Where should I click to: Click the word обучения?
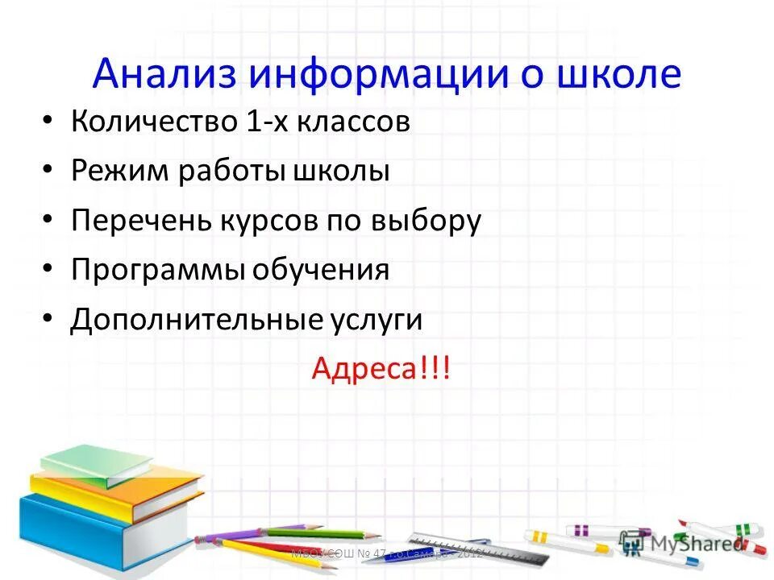[322, 270]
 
